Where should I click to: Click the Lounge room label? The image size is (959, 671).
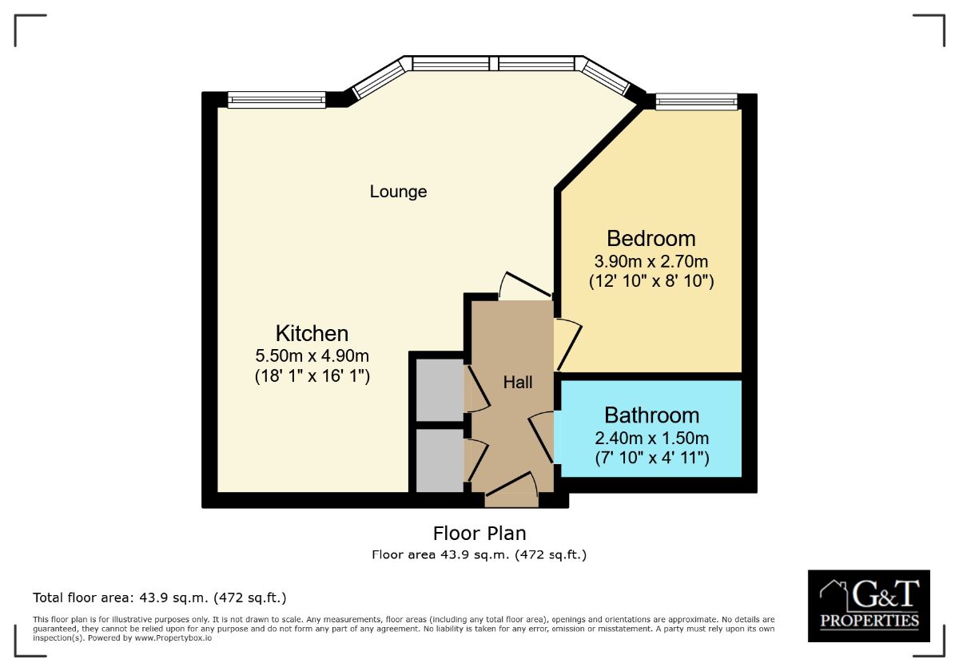(398, 192)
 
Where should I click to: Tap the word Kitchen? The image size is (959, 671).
(312, 333)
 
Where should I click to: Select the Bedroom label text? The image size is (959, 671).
(651, 238)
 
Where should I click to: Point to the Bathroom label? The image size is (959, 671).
(651, 415)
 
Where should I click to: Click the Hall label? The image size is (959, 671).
(518, 383)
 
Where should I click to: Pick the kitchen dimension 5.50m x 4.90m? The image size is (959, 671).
(312, 355)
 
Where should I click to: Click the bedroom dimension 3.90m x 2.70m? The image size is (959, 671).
(651, 260)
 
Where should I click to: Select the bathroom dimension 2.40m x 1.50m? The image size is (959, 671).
(651, 438)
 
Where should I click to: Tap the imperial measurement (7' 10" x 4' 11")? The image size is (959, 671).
(651, 459)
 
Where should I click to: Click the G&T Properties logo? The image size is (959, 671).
(869, 605)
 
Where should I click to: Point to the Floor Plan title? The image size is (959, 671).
(479, 533)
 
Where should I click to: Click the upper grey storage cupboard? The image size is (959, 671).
(440, 391)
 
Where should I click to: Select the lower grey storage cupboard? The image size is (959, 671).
(440, 461)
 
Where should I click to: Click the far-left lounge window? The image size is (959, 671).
(277, 100)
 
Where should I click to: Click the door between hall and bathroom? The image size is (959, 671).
(543, 436)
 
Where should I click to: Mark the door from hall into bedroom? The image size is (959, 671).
(568, 342)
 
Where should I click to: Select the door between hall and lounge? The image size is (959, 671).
(524, 286)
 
